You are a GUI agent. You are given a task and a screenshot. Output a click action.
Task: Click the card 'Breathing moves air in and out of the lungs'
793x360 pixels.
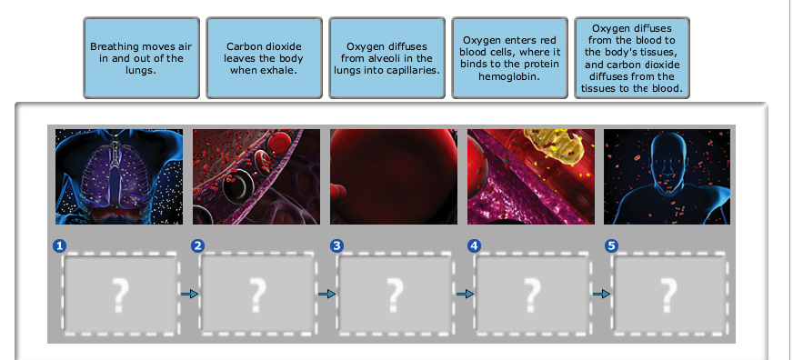coord(141,58)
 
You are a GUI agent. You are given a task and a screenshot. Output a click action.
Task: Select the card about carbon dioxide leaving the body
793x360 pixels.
coord(264,58)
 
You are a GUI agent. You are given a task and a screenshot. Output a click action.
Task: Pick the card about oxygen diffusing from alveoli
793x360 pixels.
coord(386,58)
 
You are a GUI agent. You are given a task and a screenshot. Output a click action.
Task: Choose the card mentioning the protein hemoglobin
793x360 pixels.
coord(510,58)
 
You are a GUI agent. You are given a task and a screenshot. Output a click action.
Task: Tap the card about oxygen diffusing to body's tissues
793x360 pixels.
coord(632,58)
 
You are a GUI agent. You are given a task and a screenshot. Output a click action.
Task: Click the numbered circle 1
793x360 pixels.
coord(59,245)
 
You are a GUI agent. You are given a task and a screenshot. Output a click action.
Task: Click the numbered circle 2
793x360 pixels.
coord(197,245)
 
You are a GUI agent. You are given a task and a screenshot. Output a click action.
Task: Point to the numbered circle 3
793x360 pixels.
coord(336,245)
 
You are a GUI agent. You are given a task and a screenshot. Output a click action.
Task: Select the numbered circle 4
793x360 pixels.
coord(474,245)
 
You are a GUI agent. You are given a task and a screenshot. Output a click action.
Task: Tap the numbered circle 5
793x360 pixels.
coord(611,245)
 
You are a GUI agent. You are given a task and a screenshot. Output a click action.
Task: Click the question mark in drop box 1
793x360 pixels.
coord(120,295)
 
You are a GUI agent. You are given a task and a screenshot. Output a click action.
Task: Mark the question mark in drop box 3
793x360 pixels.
coord(395,295)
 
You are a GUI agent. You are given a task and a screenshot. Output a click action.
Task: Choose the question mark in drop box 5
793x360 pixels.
coord(669,295)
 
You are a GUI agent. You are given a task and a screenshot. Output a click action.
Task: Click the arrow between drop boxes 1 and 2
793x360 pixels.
coord(190,294)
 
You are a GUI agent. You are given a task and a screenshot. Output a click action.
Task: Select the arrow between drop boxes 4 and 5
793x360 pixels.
coord(601,294)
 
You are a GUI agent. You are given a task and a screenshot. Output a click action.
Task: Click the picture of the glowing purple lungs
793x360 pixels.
coord(119,176)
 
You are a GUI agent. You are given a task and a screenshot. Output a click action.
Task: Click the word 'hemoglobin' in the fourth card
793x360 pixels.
coord(509,76)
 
